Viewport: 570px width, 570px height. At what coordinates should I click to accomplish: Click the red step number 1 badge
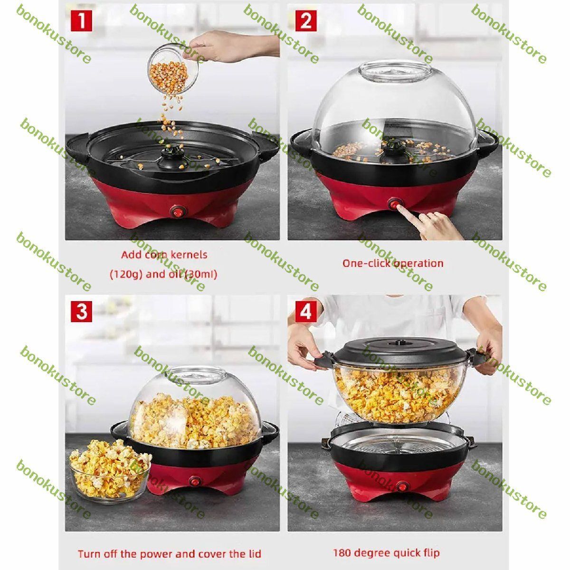pyautogui.click(x=81, y=21)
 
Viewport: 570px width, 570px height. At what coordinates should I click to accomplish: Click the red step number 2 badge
pyautogui.click(x=306, y=21)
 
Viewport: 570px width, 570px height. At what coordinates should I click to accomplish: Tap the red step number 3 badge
pyautogui.click(x=81, y=312)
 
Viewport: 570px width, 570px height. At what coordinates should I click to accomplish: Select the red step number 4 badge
pyautogui.click(x=306, y=312)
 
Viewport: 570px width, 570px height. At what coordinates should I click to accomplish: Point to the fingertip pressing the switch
pyautogui.click(x=398, y=208)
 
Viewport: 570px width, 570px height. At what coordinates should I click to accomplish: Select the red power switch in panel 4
pyautogui.click(x=402, y=486)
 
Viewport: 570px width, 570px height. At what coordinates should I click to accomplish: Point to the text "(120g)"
pyautogui.click(x=127, y=275)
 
